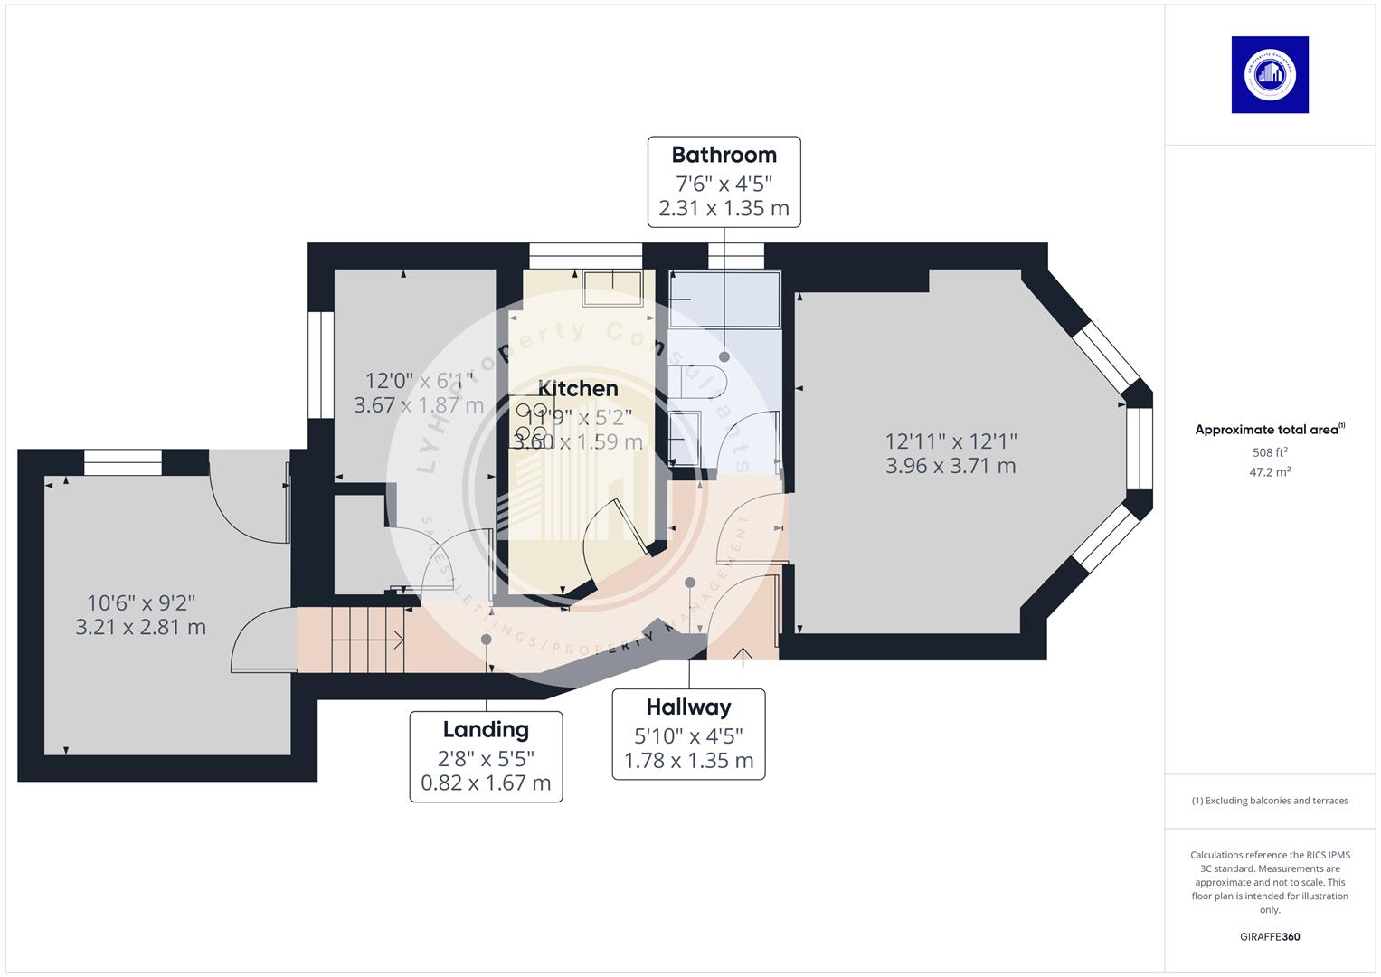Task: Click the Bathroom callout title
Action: coord(724,155)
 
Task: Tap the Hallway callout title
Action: coord(688,707)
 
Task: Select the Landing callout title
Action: coord(486,729)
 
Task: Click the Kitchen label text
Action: coord(578,388)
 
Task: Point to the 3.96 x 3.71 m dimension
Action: coord(951,466)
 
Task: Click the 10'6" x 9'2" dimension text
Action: coord(141,602)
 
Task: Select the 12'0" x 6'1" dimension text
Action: coord(419,381)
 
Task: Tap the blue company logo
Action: coord(1270,75)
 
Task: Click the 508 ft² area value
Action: coord(1270,452)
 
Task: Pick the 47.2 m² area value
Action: coord(1270,472)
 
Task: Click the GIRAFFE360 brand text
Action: coord(1270,936)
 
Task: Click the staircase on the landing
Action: coord(366,640)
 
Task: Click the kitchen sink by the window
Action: coord(612,288)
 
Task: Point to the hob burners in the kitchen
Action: coord(530,423)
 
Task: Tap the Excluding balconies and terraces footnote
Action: coord(1270,801)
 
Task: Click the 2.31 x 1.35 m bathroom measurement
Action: coord(724,208)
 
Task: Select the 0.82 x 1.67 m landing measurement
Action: coord(486,783)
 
